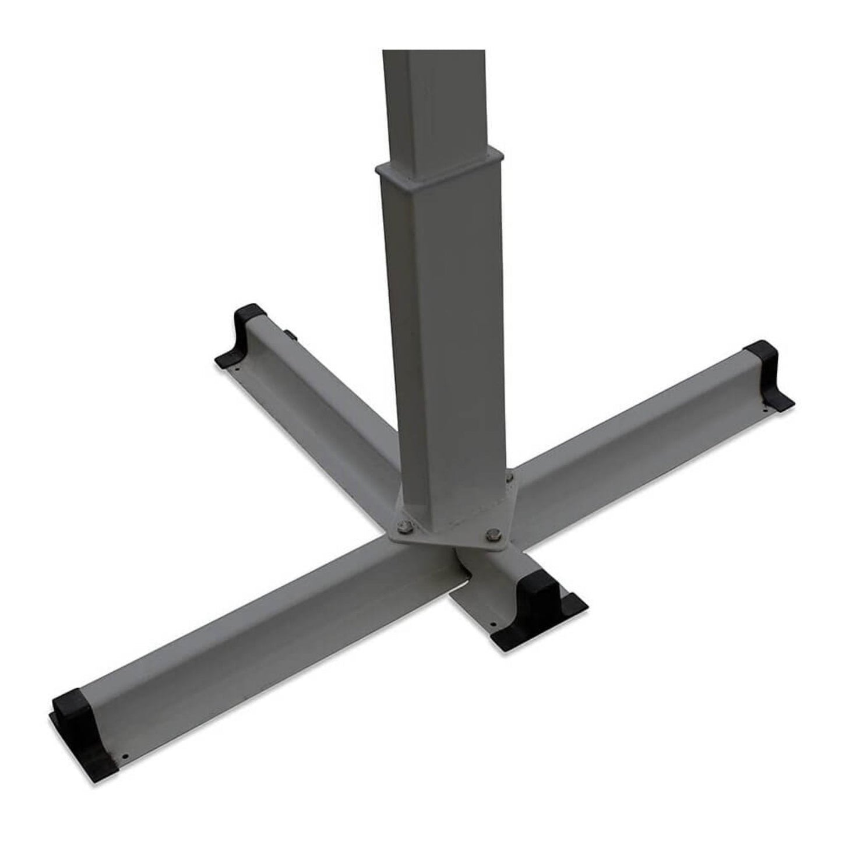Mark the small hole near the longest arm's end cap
124,759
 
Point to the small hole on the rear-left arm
238,368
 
